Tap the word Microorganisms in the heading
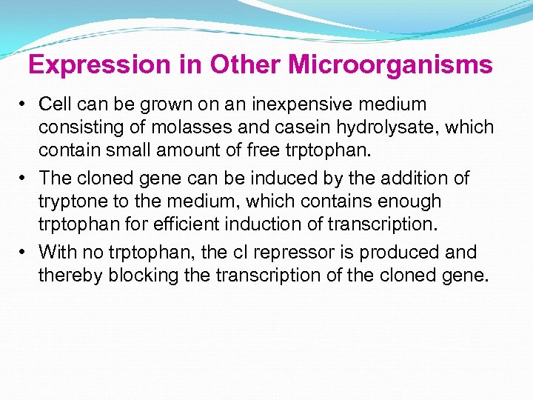[x=390, y=65]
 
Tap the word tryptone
[x=70, y=201]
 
